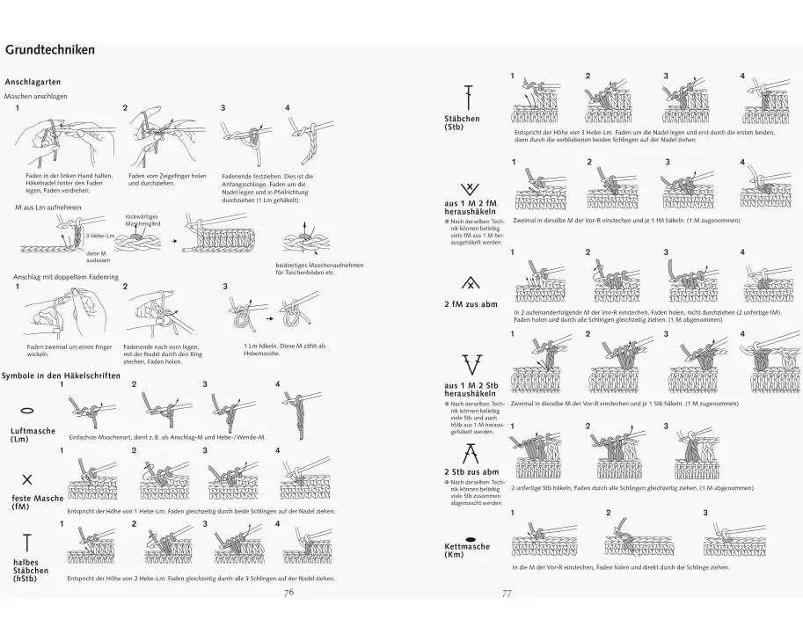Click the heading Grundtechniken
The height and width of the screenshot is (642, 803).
50,50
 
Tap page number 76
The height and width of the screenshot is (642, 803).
288,592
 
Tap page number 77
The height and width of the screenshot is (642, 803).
507,593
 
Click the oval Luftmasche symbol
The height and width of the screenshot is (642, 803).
27,411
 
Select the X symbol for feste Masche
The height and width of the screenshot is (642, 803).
27,479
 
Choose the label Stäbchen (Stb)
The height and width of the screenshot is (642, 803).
463,122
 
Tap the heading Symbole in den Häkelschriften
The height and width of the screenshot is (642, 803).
61,376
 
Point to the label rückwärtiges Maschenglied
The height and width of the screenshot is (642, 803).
142,220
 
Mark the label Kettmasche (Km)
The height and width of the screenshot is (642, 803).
467,551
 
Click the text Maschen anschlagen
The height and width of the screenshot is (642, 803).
36,96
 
